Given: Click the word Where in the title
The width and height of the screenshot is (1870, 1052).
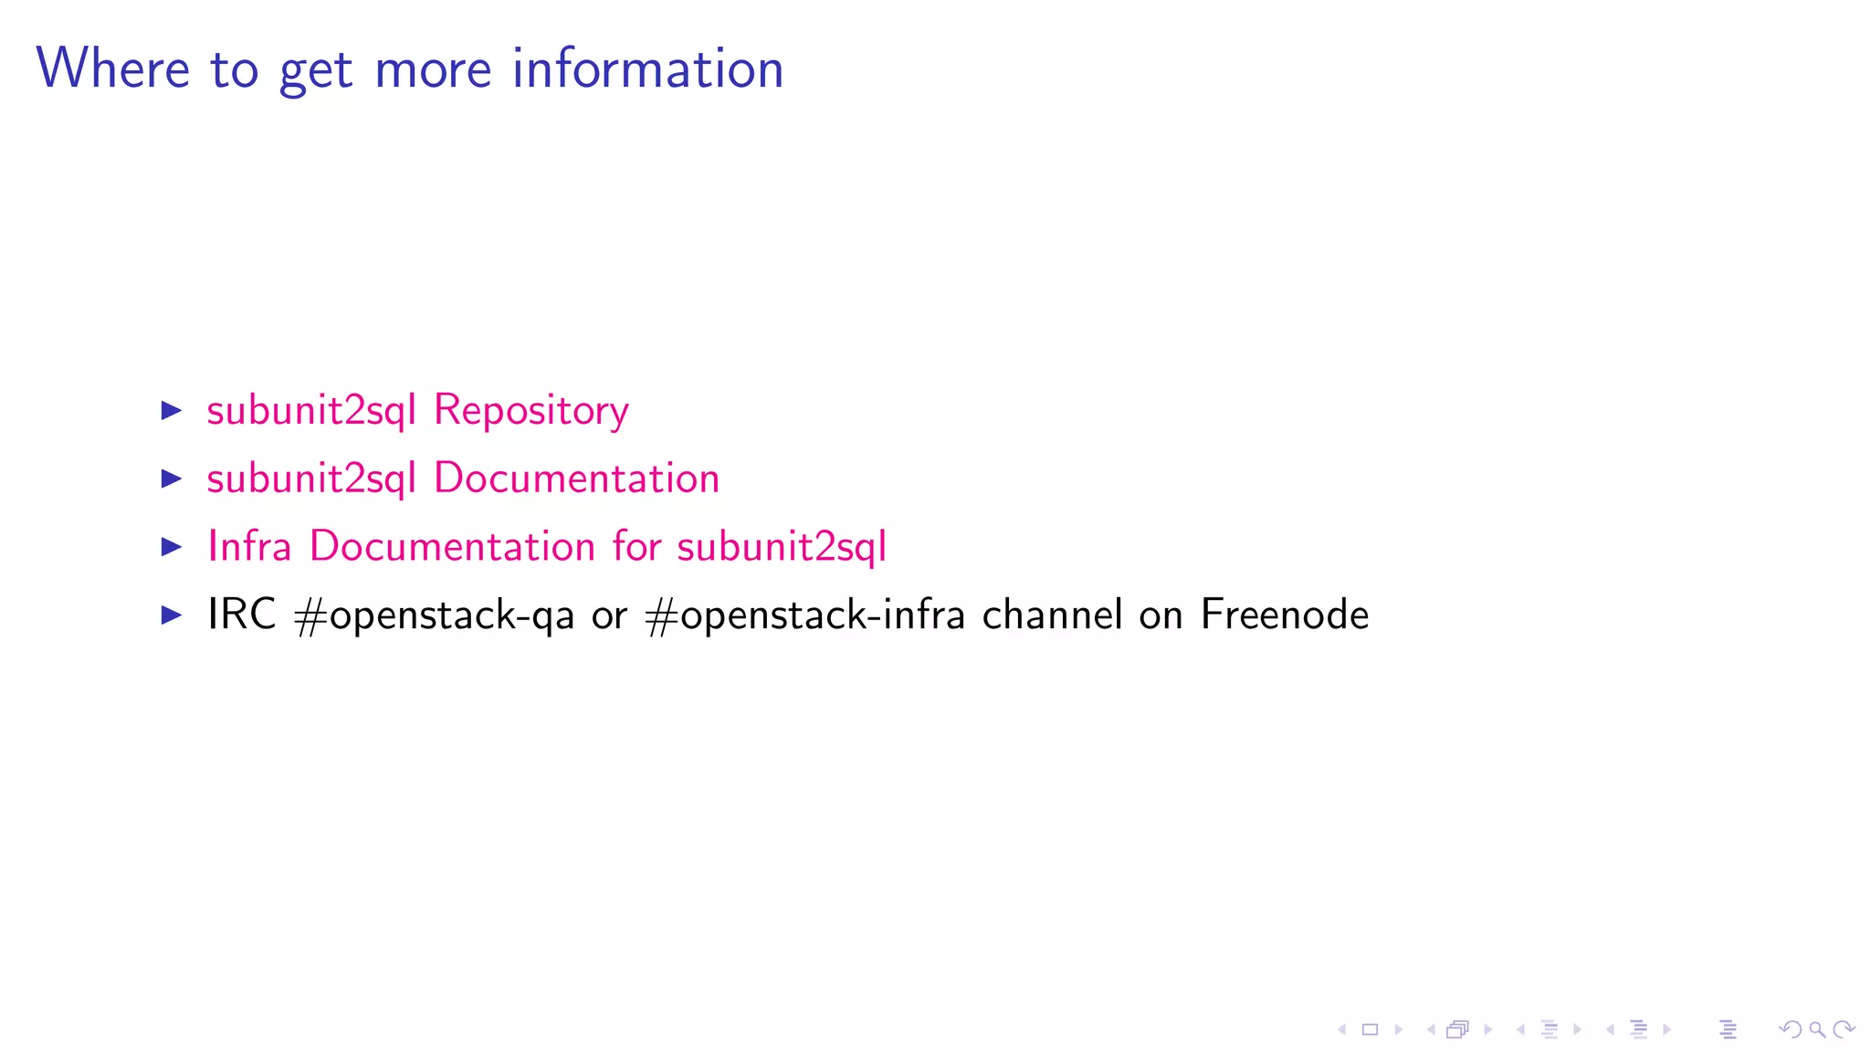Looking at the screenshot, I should pos(112,68).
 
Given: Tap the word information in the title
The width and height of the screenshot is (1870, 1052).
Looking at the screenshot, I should pos(647,68).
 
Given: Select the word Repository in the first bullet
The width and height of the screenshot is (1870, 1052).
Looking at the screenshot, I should pos(531,410).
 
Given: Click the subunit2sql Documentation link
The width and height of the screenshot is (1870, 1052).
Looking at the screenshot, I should pos(463,479).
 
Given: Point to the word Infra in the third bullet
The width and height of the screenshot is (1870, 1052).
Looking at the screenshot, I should pos(248,546).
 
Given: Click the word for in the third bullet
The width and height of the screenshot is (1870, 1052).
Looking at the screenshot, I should pos(636,546).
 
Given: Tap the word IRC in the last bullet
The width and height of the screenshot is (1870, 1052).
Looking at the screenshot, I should pos(241,614).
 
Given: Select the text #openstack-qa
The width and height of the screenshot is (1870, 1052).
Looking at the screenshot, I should pos(434,615).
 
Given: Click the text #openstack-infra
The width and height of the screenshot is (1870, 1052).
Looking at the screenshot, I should pos(804,615).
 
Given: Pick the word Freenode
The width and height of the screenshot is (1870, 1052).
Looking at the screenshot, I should pos(1284,614).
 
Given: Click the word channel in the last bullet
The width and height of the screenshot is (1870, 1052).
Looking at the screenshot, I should pos(1052,614).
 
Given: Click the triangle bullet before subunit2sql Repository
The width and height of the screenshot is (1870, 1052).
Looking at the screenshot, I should pos(172,410).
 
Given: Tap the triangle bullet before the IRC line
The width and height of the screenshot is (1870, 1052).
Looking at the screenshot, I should pos(172,615).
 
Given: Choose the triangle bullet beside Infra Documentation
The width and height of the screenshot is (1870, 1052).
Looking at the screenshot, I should pos(172,546).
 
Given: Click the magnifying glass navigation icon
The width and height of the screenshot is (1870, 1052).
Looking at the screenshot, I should pos(1817,1030).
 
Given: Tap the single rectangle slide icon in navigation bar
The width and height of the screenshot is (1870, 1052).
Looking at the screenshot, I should pos(1370,1030).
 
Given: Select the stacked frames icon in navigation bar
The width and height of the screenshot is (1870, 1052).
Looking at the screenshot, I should pos(1458,1030).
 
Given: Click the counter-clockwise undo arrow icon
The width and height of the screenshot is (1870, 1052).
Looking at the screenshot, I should pos(1791,1030).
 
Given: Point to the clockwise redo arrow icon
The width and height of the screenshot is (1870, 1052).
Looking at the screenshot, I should pos(1844,1030).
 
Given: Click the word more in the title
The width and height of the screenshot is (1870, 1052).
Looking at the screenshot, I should pos(433,68).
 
